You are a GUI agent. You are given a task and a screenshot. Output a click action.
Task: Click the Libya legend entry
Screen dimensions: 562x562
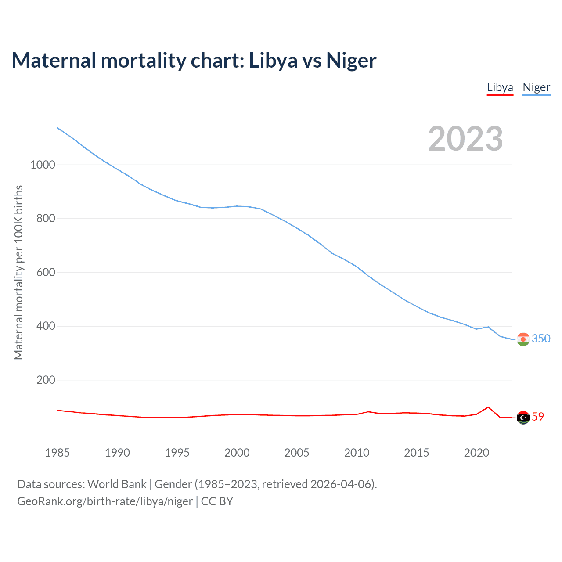coord(500,87)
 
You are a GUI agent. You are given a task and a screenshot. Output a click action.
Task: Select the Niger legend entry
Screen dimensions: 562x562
coord(536,87)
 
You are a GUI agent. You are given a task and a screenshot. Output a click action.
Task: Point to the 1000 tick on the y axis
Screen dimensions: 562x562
coord(43,165)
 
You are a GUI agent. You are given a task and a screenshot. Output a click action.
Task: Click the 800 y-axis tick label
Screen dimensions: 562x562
coord(46,218)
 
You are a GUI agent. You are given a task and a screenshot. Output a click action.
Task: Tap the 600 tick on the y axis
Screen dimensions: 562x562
coord(46,272)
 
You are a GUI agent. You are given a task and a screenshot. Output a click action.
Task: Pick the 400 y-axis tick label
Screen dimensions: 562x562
coord(46,326)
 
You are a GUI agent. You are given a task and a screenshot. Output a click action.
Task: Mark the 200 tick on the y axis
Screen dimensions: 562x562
coord(46,380)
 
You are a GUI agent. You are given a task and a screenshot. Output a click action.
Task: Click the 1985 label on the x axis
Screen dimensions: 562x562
coord(57,453)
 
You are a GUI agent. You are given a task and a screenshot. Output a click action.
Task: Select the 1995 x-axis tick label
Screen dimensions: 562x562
coord(177,453)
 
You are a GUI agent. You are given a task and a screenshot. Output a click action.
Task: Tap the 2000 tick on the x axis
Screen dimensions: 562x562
coord(237,453)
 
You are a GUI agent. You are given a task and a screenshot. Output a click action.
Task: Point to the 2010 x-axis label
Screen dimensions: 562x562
coord(357,453)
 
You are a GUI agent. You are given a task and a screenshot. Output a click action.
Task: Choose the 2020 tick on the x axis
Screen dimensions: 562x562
coord(476,453)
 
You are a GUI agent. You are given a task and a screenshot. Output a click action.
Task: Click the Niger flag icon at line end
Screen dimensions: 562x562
coord(523,339)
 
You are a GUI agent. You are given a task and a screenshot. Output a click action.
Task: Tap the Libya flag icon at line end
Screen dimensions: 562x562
coord(523,418)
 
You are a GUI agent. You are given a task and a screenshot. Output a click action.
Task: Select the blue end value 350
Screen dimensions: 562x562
coord(541,339)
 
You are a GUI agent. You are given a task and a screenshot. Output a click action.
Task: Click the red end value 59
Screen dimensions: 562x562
coord(538,417)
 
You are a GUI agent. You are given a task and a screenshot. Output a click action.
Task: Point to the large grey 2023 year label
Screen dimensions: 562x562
coord(465,139)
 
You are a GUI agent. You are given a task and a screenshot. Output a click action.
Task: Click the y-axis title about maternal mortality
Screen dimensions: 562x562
coord(18,272)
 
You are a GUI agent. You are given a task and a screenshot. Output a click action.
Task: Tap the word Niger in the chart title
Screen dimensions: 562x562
coord(351,60)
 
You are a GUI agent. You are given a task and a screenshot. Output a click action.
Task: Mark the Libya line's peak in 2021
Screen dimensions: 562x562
coord(488,407)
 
